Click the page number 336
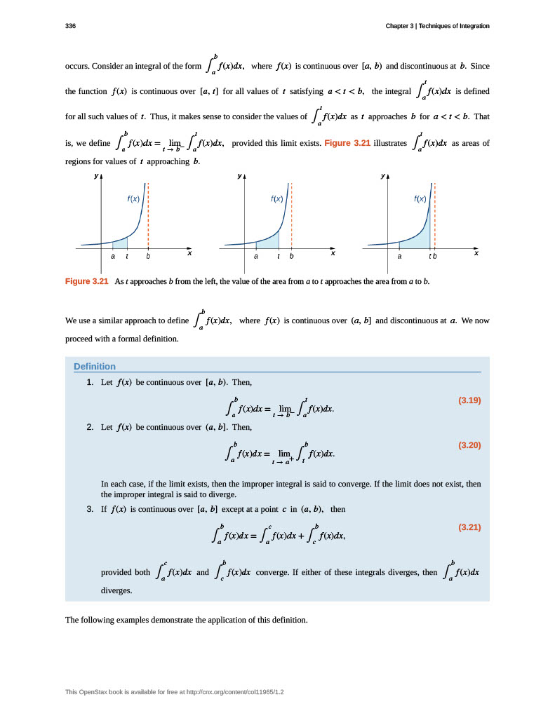pos(70,26)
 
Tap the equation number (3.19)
pos(469,400)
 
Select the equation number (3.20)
pos(469,445)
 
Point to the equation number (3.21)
pos(469,527)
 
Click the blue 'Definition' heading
pos(95,366)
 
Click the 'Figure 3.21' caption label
pos(87,281)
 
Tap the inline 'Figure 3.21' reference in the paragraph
pos(347,143)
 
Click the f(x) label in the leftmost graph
pos(133,198)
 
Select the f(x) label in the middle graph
pos(276,198)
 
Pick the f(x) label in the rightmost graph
pos(420,198)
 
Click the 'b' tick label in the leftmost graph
pos(148,257)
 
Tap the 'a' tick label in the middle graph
pos(256,257)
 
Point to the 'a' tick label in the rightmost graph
pos(399,257)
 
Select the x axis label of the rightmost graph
pos(476,252)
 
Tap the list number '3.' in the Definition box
pos(90,509)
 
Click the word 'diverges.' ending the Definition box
pos(116,590)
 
